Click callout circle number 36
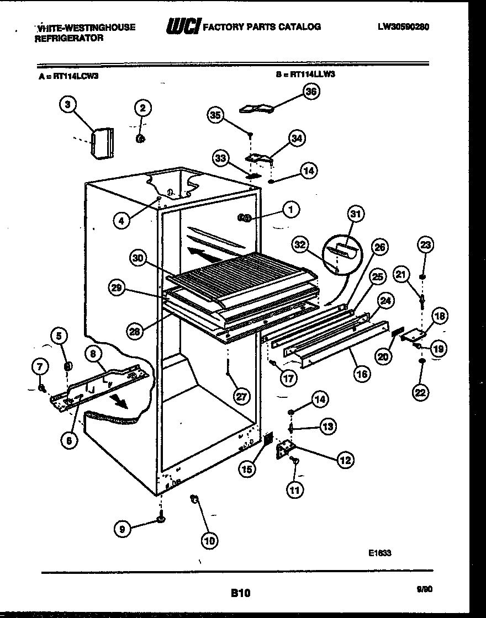311,92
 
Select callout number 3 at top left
67,105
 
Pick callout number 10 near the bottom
210,541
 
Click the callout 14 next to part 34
309,171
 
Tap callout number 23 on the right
426,244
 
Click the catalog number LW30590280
404,26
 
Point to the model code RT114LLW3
313,77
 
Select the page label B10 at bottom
240,594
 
